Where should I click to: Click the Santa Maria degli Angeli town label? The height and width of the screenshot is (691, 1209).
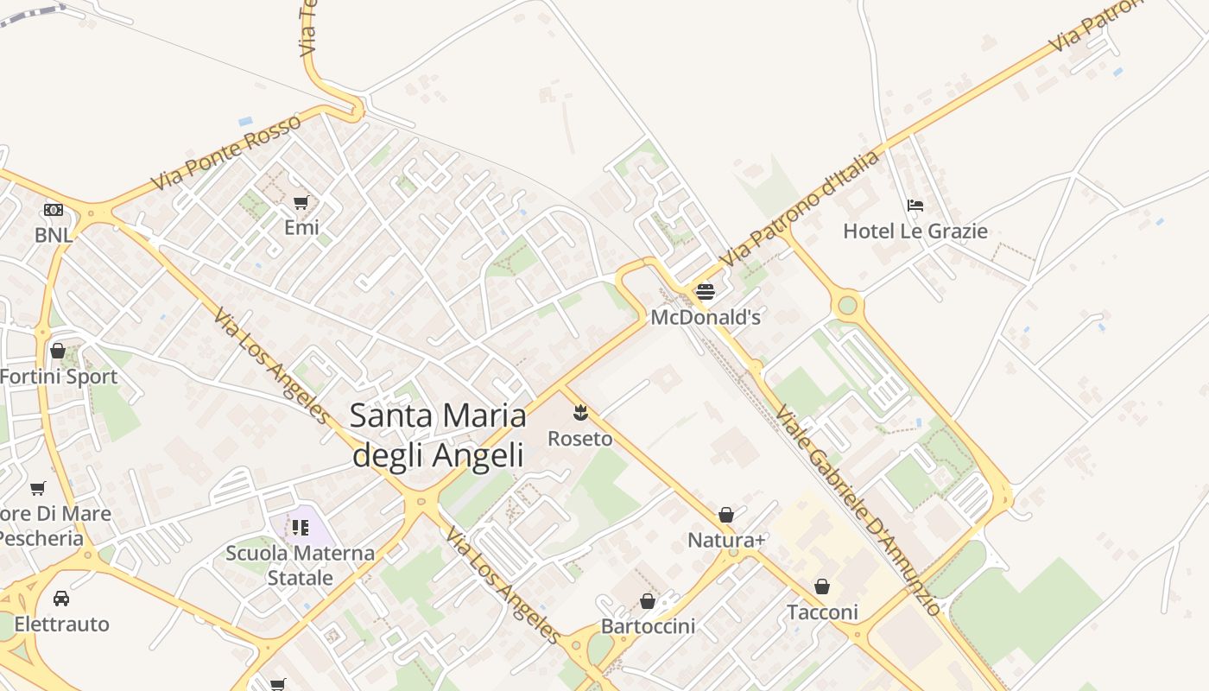click(438, 435)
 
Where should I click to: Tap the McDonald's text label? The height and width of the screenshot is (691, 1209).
click(706, 317)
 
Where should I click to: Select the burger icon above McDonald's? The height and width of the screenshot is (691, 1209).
click(706, 291)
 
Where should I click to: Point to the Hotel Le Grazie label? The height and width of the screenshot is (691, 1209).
click(915, 231)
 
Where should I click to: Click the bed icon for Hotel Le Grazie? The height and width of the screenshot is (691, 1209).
click(915, 206)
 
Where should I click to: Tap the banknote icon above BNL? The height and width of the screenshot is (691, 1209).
click(54, 210)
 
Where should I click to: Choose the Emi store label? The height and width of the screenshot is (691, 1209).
click(301, 228)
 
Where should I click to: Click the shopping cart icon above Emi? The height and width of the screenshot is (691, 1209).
click(301, 202)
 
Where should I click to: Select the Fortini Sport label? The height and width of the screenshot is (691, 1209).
click(59, 377)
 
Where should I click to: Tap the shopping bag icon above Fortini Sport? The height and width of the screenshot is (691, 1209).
click(58, 351)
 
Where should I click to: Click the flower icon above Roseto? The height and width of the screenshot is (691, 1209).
click(580, 413)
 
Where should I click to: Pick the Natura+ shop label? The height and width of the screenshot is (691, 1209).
click(726, 541)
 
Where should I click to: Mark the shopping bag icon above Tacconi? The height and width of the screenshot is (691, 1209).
click(822, 587)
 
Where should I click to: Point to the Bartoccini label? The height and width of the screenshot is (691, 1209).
click(648, 626)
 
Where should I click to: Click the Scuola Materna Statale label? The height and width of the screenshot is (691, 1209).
click(301, 565)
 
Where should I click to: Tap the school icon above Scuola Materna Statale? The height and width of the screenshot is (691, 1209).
click(301, 527)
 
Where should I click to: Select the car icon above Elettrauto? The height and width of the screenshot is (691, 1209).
click(61, 599)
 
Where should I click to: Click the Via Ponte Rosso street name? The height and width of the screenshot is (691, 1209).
click(226, 152)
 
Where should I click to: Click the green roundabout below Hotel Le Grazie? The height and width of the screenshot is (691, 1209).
click(847, 305)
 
